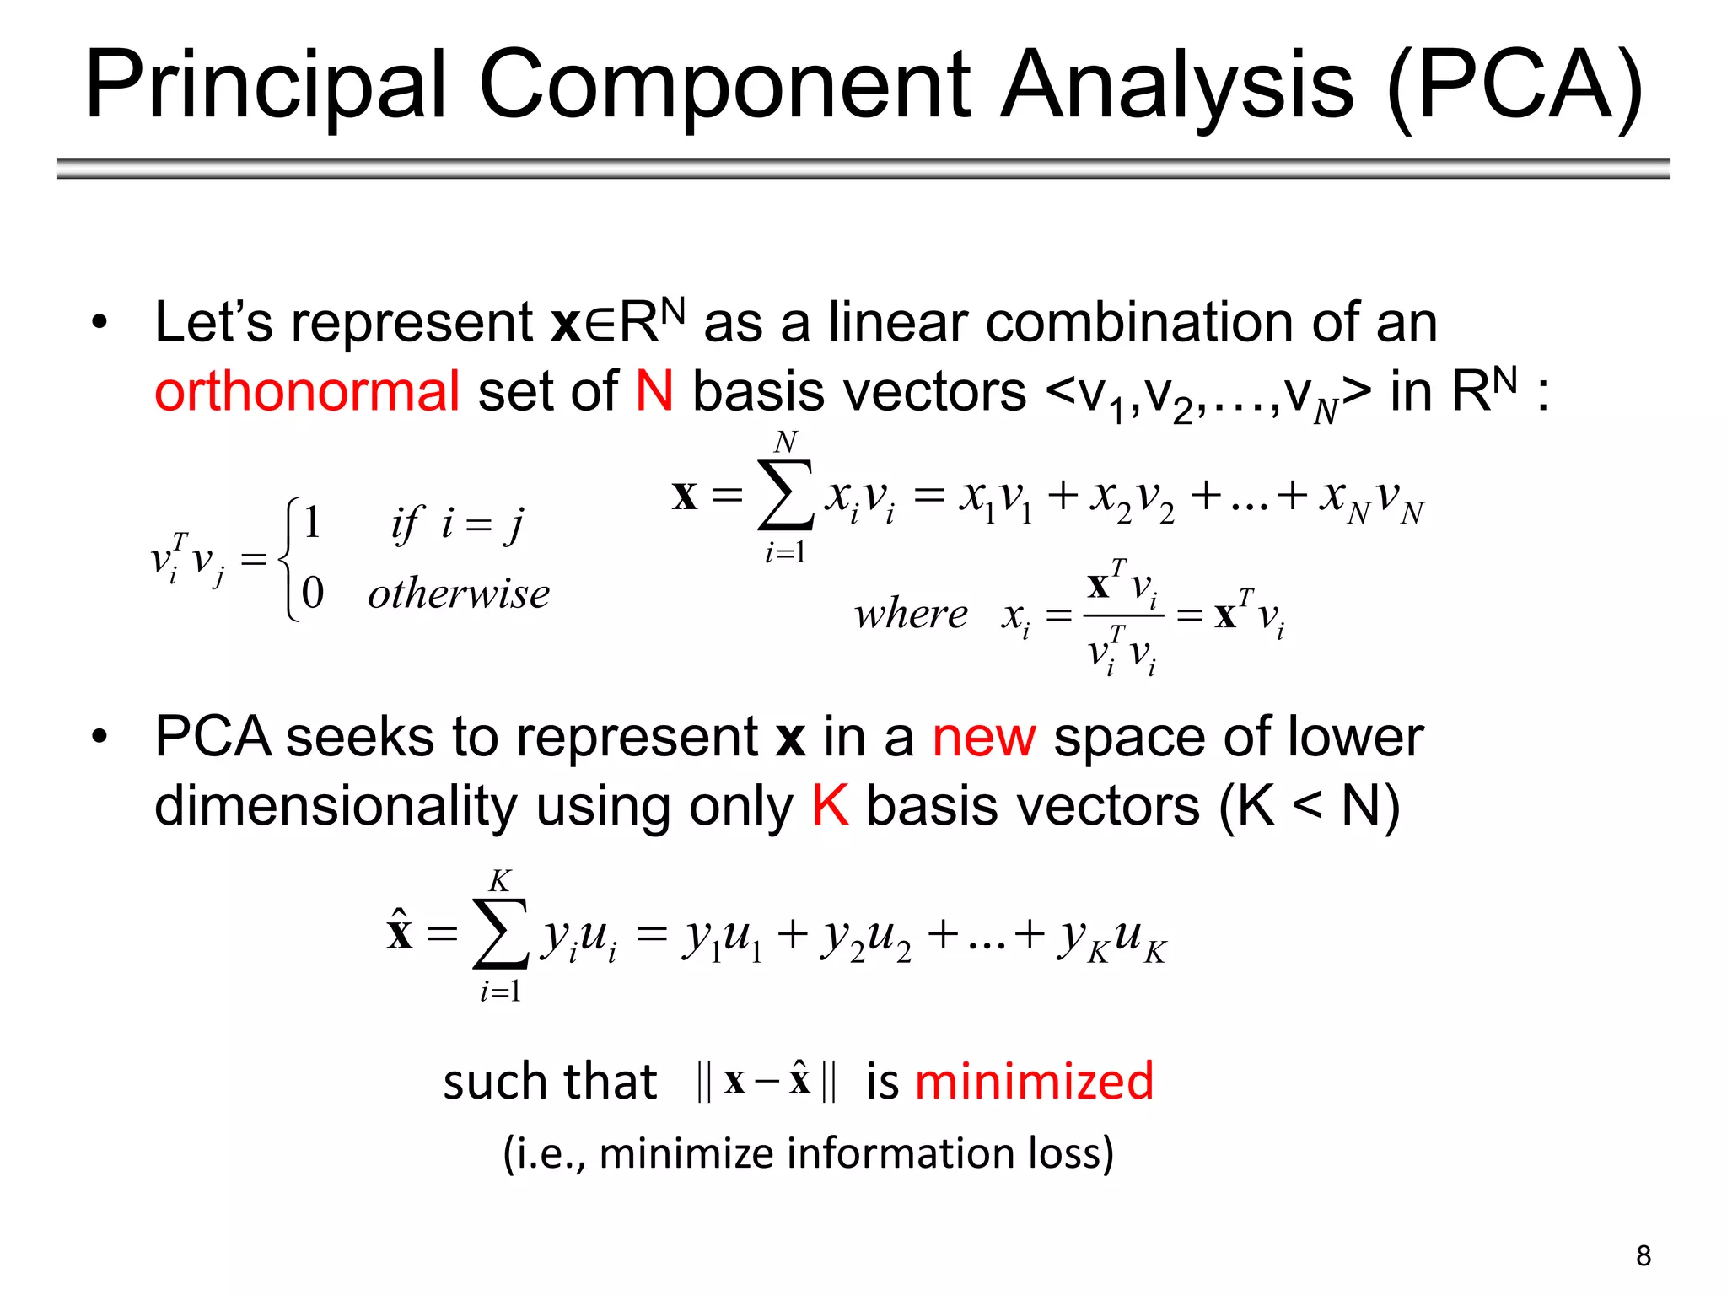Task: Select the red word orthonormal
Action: pyautogui.click(x=307, y=391)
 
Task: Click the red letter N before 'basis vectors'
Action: pyautogui.click(x=654, y=391)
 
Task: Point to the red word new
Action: pyautogui.click(x=983, y=737)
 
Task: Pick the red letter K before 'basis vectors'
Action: pyautogui.click(x=830, y=806)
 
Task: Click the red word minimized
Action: pyautogui.click(x=1034, y=1081)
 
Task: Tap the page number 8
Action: pyautogui.click(x=1643, y=1256)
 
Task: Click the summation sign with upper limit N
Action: pyautogui.click(x=785, y=495)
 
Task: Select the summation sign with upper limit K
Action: pyautogui.click(x=500, y=934)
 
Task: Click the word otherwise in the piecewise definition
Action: pyautogui.click(x=459, y=594)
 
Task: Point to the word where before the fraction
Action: pyautogui.click(x=911, y=614)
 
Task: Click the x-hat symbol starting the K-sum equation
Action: pyautogui.click(x=400, y=932)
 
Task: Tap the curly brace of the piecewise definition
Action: pyautogui.click(x=289, y=559)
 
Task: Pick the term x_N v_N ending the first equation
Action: pyautogui.click(x=1371, y=499)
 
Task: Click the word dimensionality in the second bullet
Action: pyautogui.click(x=335, y=806)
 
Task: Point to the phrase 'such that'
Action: pyautogui.click(x=550, y=1082)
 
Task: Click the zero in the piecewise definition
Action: pyautogui.click(x=312, y=593)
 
